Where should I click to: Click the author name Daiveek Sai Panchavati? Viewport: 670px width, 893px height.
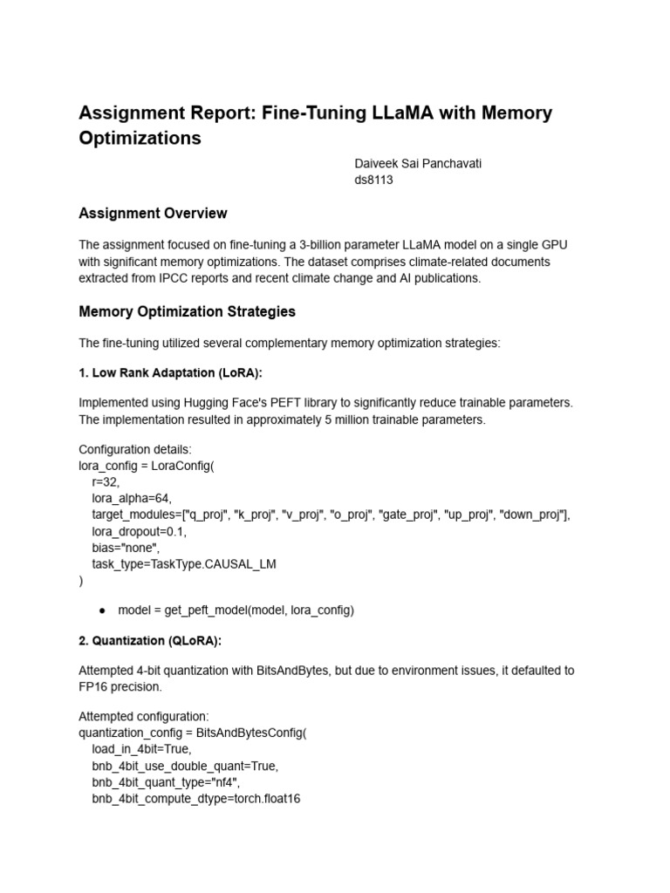(x=421, y=163)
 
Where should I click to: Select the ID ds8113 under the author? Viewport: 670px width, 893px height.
(x=373, y=181)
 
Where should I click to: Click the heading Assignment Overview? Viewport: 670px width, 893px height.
(x=153, y=214)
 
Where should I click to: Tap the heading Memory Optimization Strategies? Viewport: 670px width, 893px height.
(x=187, y=311)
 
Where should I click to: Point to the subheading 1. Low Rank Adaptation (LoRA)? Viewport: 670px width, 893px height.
(x=170, y=372)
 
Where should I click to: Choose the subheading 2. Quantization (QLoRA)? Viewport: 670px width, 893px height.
(x=150, y=641)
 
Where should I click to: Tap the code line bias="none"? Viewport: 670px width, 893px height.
(x=126, y=547)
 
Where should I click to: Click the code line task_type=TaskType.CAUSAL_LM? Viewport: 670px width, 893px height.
(x=183, y=563)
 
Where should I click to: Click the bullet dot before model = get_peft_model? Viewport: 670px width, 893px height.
(x=102, y=610)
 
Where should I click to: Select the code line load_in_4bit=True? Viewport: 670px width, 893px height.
(x=141, y=748)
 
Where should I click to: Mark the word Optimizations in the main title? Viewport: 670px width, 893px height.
(x=140, y=139)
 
